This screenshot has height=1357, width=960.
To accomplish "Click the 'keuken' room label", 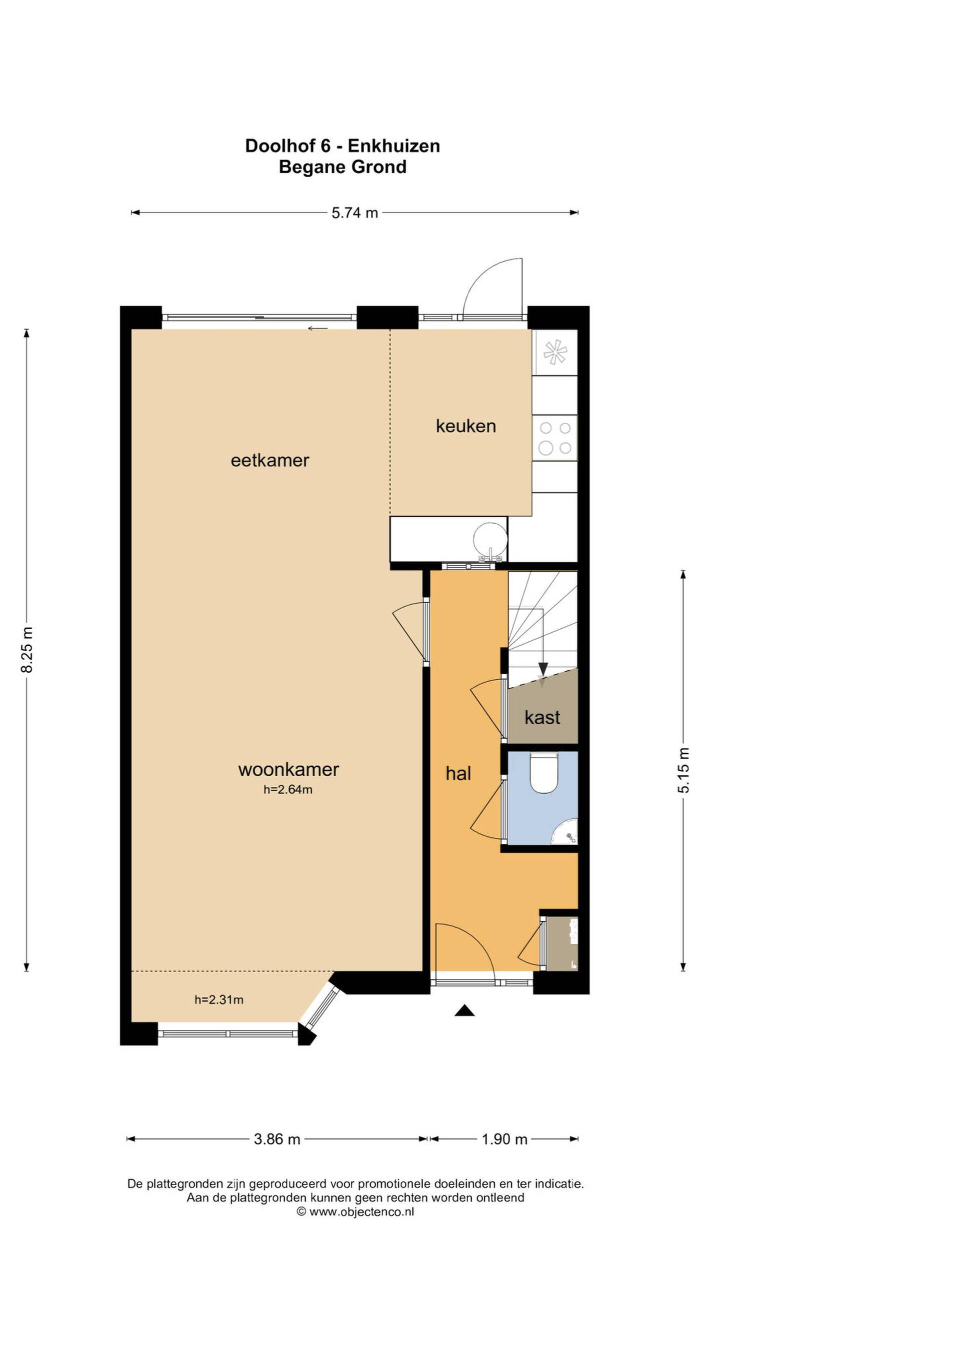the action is [466, 426].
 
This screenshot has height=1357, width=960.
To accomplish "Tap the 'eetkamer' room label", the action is [269, 461].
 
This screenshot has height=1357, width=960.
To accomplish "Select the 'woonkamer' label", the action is [288, 770].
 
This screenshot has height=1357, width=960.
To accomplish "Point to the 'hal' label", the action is [458, 773].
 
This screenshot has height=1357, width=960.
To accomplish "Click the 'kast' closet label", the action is [542, 718].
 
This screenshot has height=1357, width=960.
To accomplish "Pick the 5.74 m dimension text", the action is [354, 213].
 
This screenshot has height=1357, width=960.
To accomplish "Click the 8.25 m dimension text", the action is [27, 650].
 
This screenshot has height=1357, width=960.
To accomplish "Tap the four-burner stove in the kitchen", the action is [554, 438].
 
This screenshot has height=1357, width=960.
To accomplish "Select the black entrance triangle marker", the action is [464, 1010].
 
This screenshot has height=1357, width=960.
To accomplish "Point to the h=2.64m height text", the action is [288, 789].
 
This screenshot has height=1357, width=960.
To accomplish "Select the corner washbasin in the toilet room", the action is [566, 832].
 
